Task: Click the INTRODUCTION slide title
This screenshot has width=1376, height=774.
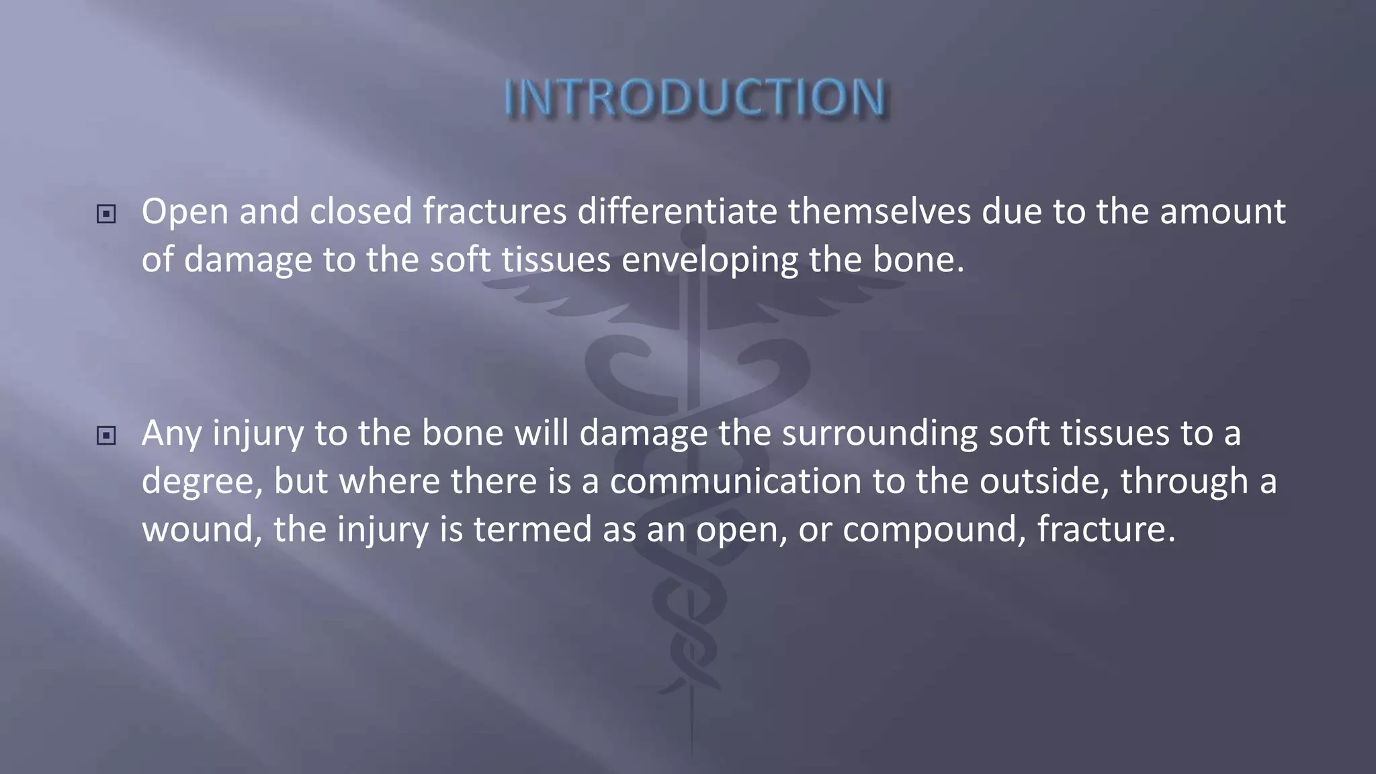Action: (695, 98)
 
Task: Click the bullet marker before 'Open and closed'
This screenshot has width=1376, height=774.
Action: (106, 214)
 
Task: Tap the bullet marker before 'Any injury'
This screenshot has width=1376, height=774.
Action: (106, 436)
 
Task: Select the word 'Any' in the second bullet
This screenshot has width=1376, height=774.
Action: (171, 434)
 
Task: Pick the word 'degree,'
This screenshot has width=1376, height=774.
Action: (202, 482)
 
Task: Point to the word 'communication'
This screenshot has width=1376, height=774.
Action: (735, 481)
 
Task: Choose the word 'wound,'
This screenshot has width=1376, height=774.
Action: (202, 529)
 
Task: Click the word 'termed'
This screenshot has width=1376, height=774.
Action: (533, 529)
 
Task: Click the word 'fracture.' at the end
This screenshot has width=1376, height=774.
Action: (1106, 529)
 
